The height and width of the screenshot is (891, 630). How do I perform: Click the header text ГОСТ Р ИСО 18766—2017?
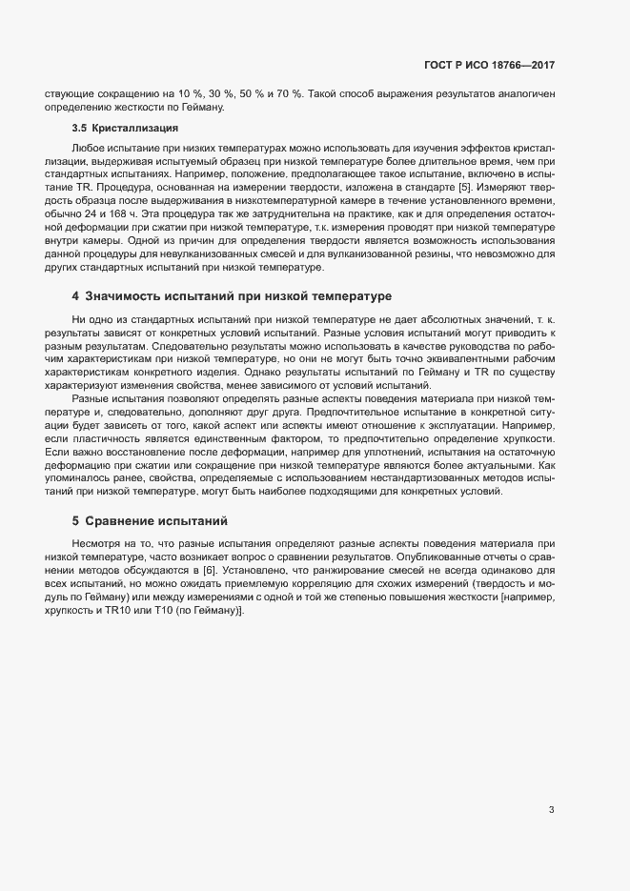[489, 66]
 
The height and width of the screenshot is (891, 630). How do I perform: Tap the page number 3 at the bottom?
[551, 810]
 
